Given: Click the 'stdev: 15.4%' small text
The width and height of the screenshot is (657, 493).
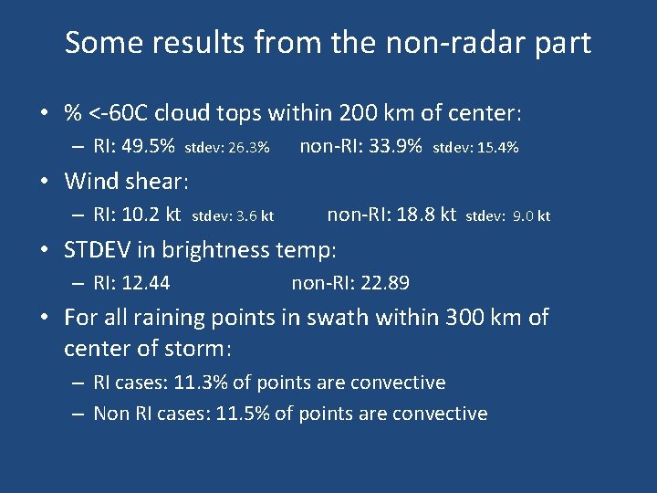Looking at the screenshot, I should (x=475, y=148).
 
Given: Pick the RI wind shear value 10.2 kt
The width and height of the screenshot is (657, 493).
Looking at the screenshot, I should (x=150, y=215).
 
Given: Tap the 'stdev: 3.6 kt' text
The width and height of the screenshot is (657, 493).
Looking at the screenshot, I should (x=235, y=217).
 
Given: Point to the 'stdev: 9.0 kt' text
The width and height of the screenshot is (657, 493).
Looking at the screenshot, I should (x=508, y=217).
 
